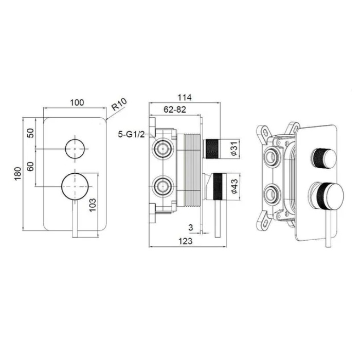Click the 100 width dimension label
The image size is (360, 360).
(x=77, y=102)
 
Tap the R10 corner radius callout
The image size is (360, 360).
(x=119, y=104)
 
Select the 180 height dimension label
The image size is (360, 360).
(x=17, y=174)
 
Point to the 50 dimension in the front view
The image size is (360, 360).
(x=31, y=133)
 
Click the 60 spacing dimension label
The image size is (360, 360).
(x=31, y=166)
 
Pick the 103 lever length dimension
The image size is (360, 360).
(x=92, y=205)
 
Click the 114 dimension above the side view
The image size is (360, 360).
(x=185, y=98)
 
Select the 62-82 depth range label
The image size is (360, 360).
(x=175, y=110)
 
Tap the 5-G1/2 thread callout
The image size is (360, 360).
(x=131, y=134)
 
